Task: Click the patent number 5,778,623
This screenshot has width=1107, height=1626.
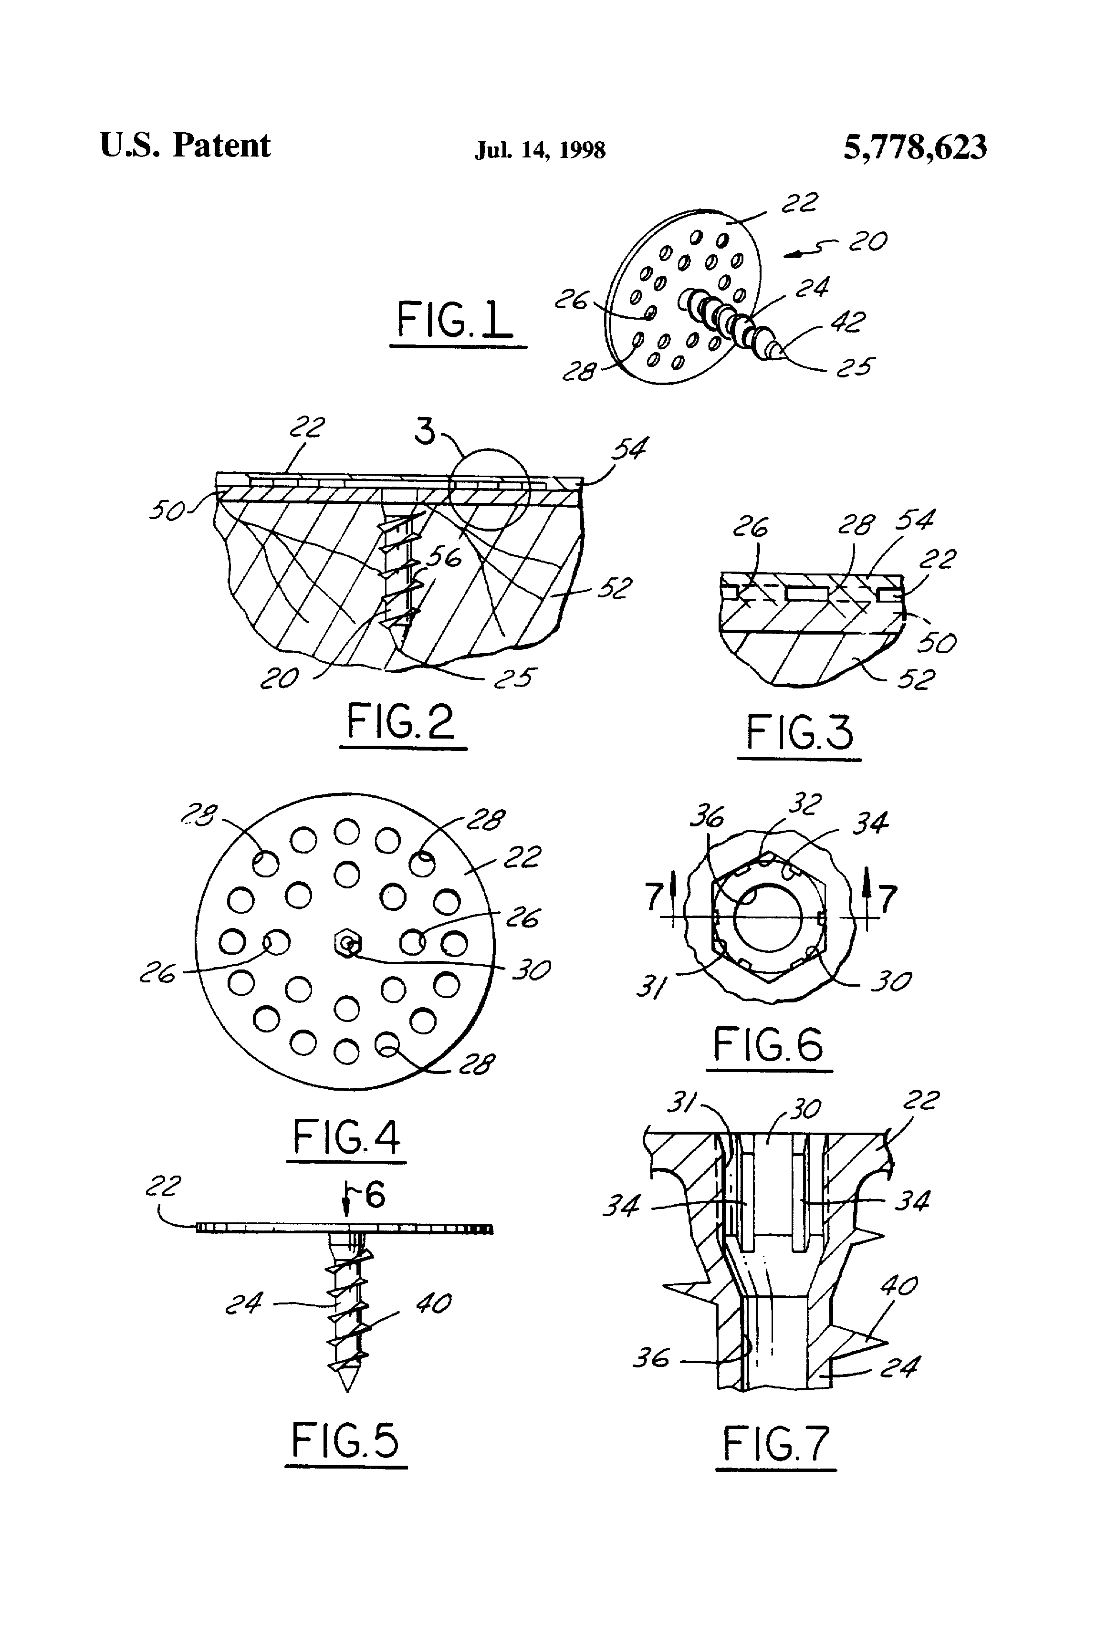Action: pyautogui.click(x=915, y=147)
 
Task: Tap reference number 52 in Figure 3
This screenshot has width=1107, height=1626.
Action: pyautogui.click(x=917, y=678)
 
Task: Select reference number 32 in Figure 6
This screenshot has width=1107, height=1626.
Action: pyautogui.click(x=804, y=804)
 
